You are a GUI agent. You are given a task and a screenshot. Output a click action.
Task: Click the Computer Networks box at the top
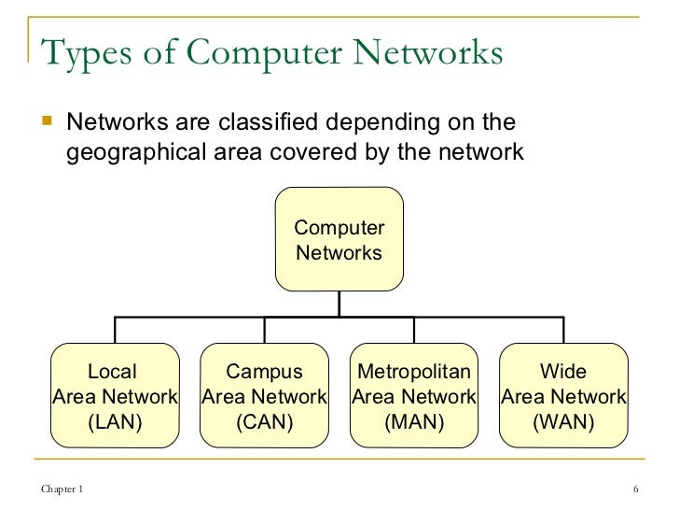[339, 240]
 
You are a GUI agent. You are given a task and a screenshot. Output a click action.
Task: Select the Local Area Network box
[115, 396]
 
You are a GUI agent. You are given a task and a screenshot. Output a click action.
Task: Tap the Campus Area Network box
[265, 396]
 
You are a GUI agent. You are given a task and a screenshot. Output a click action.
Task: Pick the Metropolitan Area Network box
[414, 396]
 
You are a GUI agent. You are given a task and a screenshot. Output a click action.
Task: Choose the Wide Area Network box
[563, 396]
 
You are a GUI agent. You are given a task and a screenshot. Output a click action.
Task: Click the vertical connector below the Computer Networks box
[339, 304]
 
